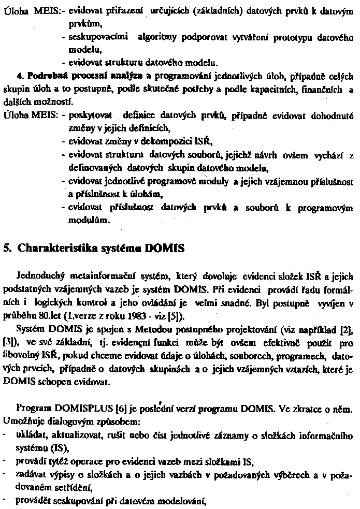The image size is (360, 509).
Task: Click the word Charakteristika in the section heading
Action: point(56,248)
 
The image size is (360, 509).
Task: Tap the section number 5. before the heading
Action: point(7,248)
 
